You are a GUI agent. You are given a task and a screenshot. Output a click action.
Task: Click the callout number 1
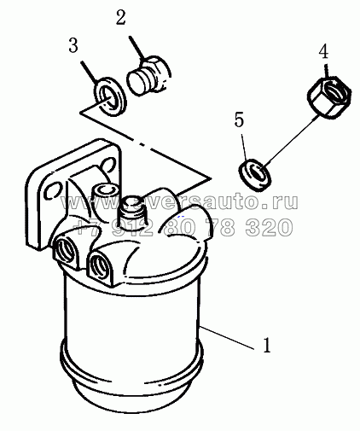pyautogui.click(x=266, y=346)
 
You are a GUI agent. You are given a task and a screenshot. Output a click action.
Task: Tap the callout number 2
pyautogui.click(x=120, y=18)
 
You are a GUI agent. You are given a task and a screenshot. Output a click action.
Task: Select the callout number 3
pyautogui.click(x=73, y=45)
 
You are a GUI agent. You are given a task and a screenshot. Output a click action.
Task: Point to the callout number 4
pyautogui.click(x=323, y=52)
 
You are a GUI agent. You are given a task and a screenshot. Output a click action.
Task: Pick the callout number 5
pyautogui.click(x=239, y=119)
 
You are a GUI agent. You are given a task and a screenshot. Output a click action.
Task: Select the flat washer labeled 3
pyautogui.click(x=110, y=96)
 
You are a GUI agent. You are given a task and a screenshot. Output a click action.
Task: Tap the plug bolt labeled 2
pyautogui.click(x=149, y=75)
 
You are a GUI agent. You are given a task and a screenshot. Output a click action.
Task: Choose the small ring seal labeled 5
pyautogui.click(x=255, y=175)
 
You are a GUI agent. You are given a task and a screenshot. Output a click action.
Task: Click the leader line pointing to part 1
pyautogui.click(x=227, y=338)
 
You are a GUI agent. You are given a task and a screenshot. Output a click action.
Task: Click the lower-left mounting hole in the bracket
pyautogui.click(x=53, y=190)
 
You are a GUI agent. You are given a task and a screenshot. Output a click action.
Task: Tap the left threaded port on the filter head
pyautogui.click(x=66, y=249)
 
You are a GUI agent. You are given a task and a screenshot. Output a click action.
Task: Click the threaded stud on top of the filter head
pyautogui.click(x=133, y=210)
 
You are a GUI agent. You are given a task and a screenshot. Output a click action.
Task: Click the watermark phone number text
pyautogui.click(x=183, y=227)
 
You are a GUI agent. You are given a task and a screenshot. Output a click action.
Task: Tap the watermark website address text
pyautogui.click(x=179, y=201)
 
